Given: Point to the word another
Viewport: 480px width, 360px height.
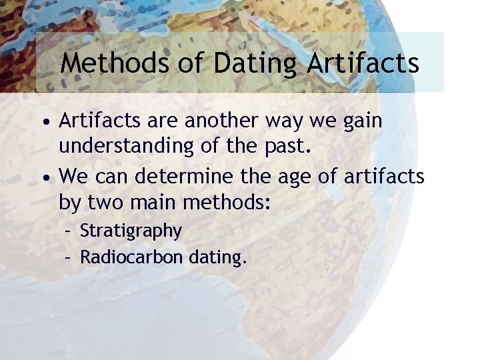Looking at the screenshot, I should point(213,121).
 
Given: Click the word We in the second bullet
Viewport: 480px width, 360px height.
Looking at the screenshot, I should point(73,177).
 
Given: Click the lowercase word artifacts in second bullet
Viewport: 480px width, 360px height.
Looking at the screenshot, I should point(385,177).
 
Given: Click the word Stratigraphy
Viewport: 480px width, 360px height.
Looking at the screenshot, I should point(131,231).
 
